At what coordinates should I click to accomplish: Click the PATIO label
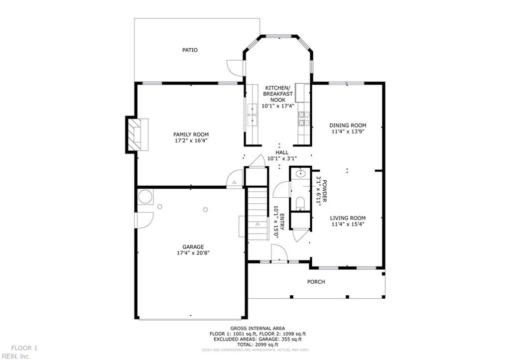190,50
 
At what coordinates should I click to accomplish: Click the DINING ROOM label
348,125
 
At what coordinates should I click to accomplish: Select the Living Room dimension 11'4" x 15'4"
348,224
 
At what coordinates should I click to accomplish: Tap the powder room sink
300,174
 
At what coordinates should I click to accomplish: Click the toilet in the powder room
300,202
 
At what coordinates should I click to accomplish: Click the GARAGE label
193,246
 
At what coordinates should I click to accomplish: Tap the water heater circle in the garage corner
145,197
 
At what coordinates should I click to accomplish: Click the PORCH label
316,282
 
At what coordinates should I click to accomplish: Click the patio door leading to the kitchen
235,67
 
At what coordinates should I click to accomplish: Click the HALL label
282,152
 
